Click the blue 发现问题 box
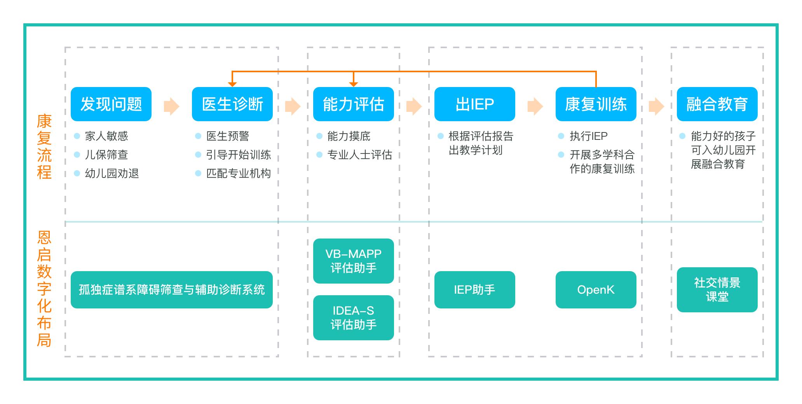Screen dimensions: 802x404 [x=111, y=104]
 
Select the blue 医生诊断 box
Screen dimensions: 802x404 [x=232, y=104]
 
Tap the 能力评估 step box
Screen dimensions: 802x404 [x=354, y=104]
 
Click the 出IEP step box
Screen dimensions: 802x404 [x=475, y=104]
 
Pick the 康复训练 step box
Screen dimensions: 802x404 [x=596, y=104]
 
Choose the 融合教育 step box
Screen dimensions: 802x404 [x=717, y=104]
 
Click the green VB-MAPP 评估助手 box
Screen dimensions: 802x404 [x=354, y=261]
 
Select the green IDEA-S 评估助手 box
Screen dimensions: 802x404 [x=354, y=318]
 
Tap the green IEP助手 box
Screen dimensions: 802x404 [x=475, y=290]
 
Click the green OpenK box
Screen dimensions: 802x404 [x=596, y=290]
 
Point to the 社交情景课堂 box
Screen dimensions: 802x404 [x=717, y=290]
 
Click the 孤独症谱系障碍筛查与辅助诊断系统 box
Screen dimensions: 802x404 [x=172, y=290]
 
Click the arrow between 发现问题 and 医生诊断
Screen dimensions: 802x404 [x=172, y=106]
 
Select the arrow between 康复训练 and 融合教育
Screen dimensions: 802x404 [x=657, y=106]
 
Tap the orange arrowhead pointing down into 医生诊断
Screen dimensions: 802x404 [x=232, y=84]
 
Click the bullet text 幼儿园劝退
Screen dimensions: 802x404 [x=112, y=173]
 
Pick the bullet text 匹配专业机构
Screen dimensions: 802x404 [x=239, y=173]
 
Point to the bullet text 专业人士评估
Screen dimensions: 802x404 [x=360, y=155]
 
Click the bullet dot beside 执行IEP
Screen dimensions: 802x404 [x=561, y=136]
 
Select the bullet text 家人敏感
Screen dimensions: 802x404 [x=106, y=136]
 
